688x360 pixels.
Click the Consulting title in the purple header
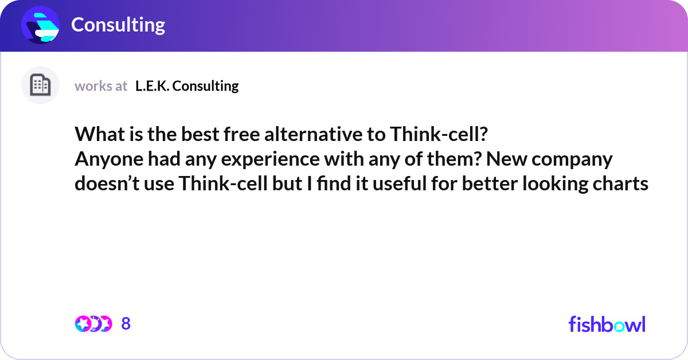(118, 25)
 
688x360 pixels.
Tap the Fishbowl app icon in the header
(40, 25)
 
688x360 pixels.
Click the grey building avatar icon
(40, 85)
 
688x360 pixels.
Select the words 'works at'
(101, 86)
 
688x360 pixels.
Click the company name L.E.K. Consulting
(187, 86)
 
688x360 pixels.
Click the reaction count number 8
(126, 324)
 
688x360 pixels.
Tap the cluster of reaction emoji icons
(93, 324)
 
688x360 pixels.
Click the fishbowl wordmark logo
(607, 324)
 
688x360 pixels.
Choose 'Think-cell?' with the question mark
(439, 134)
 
